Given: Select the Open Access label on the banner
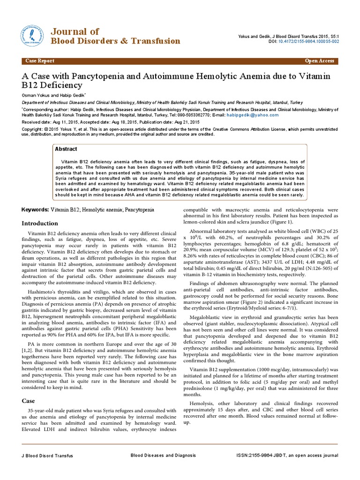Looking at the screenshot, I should (x=319, y=61).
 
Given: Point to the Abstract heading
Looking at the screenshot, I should (x=66, y=149).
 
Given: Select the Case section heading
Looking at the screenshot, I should (x=29, y=401).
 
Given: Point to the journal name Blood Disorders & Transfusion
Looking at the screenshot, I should (x=115, y=41).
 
